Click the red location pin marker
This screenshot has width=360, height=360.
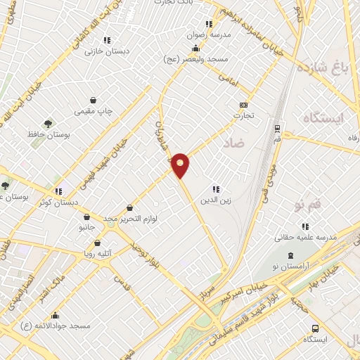(x=181, y=165)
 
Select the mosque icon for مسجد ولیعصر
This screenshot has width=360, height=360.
(x=195, y=49)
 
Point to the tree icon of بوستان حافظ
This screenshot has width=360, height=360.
(x=48, y=123)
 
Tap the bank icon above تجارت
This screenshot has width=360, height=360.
(x=244, y=105)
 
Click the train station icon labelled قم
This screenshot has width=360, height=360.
(x=278, y=129)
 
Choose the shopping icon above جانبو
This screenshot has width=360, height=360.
(x=86, y=217)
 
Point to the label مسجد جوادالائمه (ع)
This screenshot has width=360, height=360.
(x=56, y=327)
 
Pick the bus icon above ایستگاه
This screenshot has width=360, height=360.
(x=314, y=328)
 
